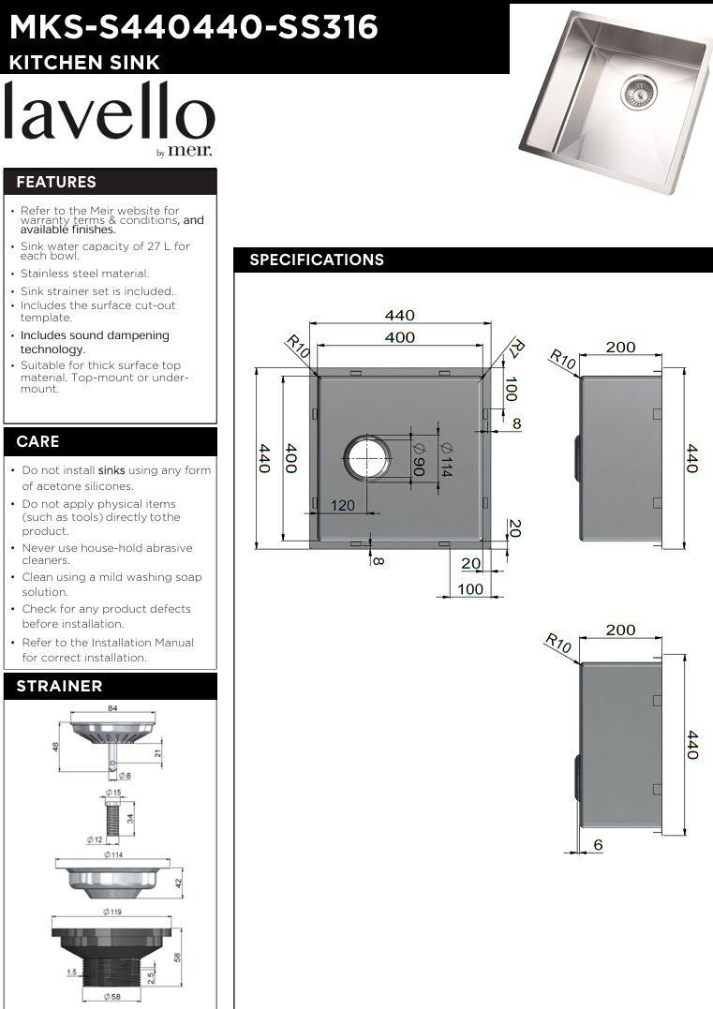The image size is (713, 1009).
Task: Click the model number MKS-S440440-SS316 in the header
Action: coord(193,27)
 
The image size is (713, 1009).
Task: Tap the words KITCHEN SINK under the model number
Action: coord(84,63)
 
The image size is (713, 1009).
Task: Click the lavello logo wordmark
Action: coord(110,115)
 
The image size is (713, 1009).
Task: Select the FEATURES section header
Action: coord(56,182)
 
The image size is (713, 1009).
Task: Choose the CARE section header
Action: coord(37,441)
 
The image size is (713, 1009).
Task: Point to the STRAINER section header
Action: coord(59,686)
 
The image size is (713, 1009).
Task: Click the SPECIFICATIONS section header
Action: coord(317,260)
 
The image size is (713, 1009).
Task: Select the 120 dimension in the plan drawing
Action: coord(342,506)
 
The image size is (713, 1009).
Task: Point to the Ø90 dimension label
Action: coord(418,458)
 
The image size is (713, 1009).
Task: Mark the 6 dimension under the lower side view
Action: coord(598,845)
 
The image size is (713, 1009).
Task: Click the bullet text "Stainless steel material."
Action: coord(84,274)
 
